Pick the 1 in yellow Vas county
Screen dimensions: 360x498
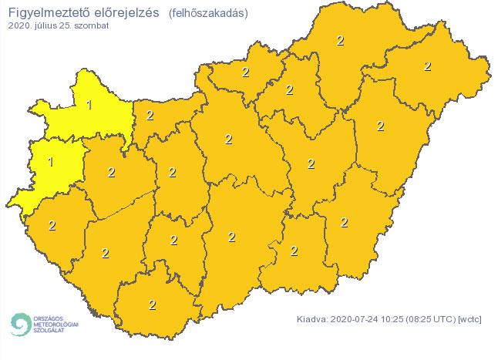click(x=51, y=162)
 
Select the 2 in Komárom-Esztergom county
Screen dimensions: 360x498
click(x=150, y=115)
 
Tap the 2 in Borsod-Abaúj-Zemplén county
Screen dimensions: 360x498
click(x=341, y=40)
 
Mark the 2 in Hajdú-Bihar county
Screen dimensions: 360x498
click(x=380, y=125)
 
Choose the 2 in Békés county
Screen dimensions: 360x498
click(x=344, y=222)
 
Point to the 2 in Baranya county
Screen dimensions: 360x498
click(x=151, y=304)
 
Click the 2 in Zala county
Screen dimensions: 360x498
click(x=52, y=225)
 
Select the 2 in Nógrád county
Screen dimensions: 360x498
click(x=245, y=73)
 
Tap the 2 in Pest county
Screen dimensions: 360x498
click(x=228, y=139)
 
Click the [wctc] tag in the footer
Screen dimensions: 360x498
click(x=470, y=318)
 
